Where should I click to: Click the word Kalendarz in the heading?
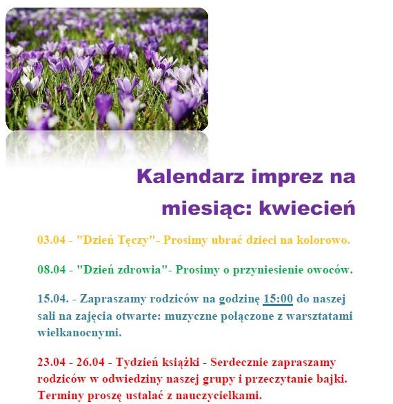pos(190,177)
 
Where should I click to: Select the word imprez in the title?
pos(287,177)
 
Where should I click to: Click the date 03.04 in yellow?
pos(52,240)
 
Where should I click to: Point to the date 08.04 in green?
pos(52,270)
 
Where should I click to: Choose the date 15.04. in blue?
pos(53,299)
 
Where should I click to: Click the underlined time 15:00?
pos(278,299)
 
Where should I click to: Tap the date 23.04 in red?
pos(52,362)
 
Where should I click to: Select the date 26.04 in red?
pos(90,362)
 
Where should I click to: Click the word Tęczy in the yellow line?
pos(133,240)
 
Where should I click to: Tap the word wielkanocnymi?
pos(79,332)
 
